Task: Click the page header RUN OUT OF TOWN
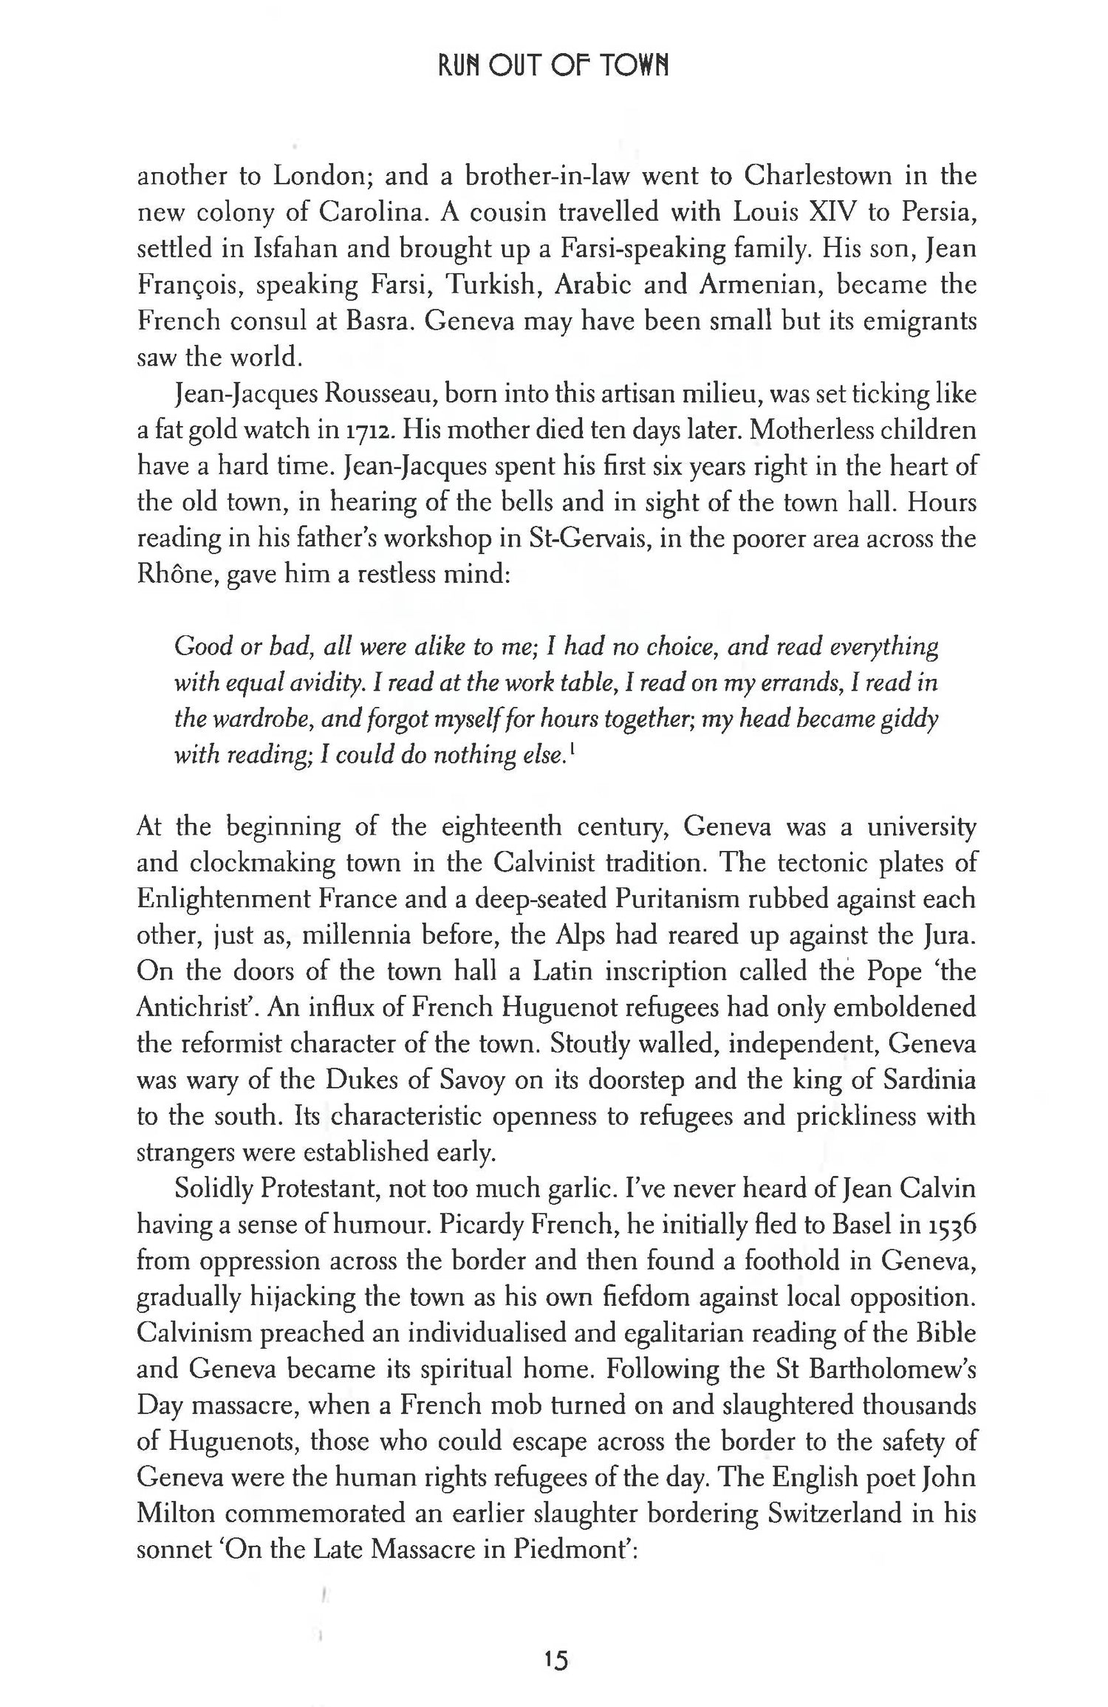[x=553, y=67]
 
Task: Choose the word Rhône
[x=175, y=575]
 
